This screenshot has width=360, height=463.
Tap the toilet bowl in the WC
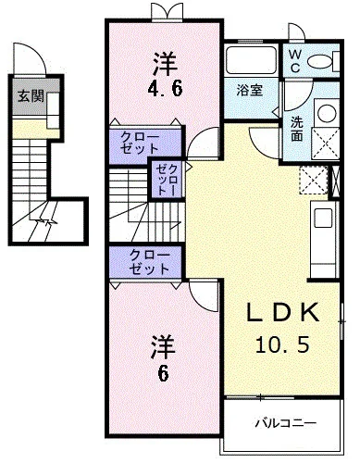click(319, 62)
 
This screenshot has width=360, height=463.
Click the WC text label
click(293, 62)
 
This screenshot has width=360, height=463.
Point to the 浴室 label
click(249, 91)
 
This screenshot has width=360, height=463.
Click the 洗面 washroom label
click(296, 128)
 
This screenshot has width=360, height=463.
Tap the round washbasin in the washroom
click(327, 115)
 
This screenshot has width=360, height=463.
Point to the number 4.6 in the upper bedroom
click(164, 91)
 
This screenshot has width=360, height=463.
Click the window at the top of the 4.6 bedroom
click(164, 13)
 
